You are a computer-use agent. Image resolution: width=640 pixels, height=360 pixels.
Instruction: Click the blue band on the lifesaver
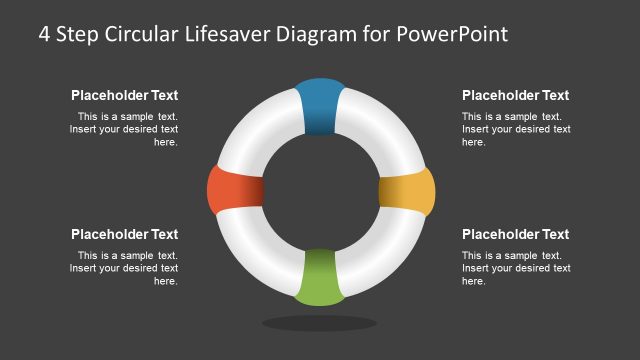point(321,105)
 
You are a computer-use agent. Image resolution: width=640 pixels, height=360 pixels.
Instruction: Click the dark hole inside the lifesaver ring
point(321,190)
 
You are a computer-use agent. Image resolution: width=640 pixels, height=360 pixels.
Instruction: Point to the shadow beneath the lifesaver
point(320,322)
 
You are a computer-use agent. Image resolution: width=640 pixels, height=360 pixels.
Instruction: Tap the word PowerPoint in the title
point(452,34)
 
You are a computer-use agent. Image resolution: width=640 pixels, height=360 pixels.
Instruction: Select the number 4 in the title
point(45,34)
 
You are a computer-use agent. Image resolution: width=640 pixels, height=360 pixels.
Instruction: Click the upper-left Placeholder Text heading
point(124,96)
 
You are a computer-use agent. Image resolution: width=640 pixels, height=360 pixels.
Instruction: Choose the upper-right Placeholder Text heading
point(515,96)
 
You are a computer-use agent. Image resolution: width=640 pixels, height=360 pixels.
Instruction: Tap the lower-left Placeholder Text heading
point(124,235)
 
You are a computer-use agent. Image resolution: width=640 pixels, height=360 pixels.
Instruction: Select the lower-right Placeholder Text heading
point(515,235)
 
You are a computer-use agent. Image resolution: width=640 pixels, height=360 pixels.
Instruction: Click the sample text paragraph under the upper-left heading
point(124,129)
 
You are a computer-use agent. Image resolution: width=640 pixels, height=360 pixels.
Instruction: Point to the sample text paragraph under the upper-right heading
point(516,129)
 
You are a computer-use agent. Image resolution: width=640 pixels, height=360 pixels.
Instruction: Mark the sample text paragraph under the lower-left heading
point(124,268)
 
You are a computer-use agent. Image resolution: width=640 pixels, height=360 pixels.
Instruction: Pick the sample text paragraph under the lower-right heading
point(516,268)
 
